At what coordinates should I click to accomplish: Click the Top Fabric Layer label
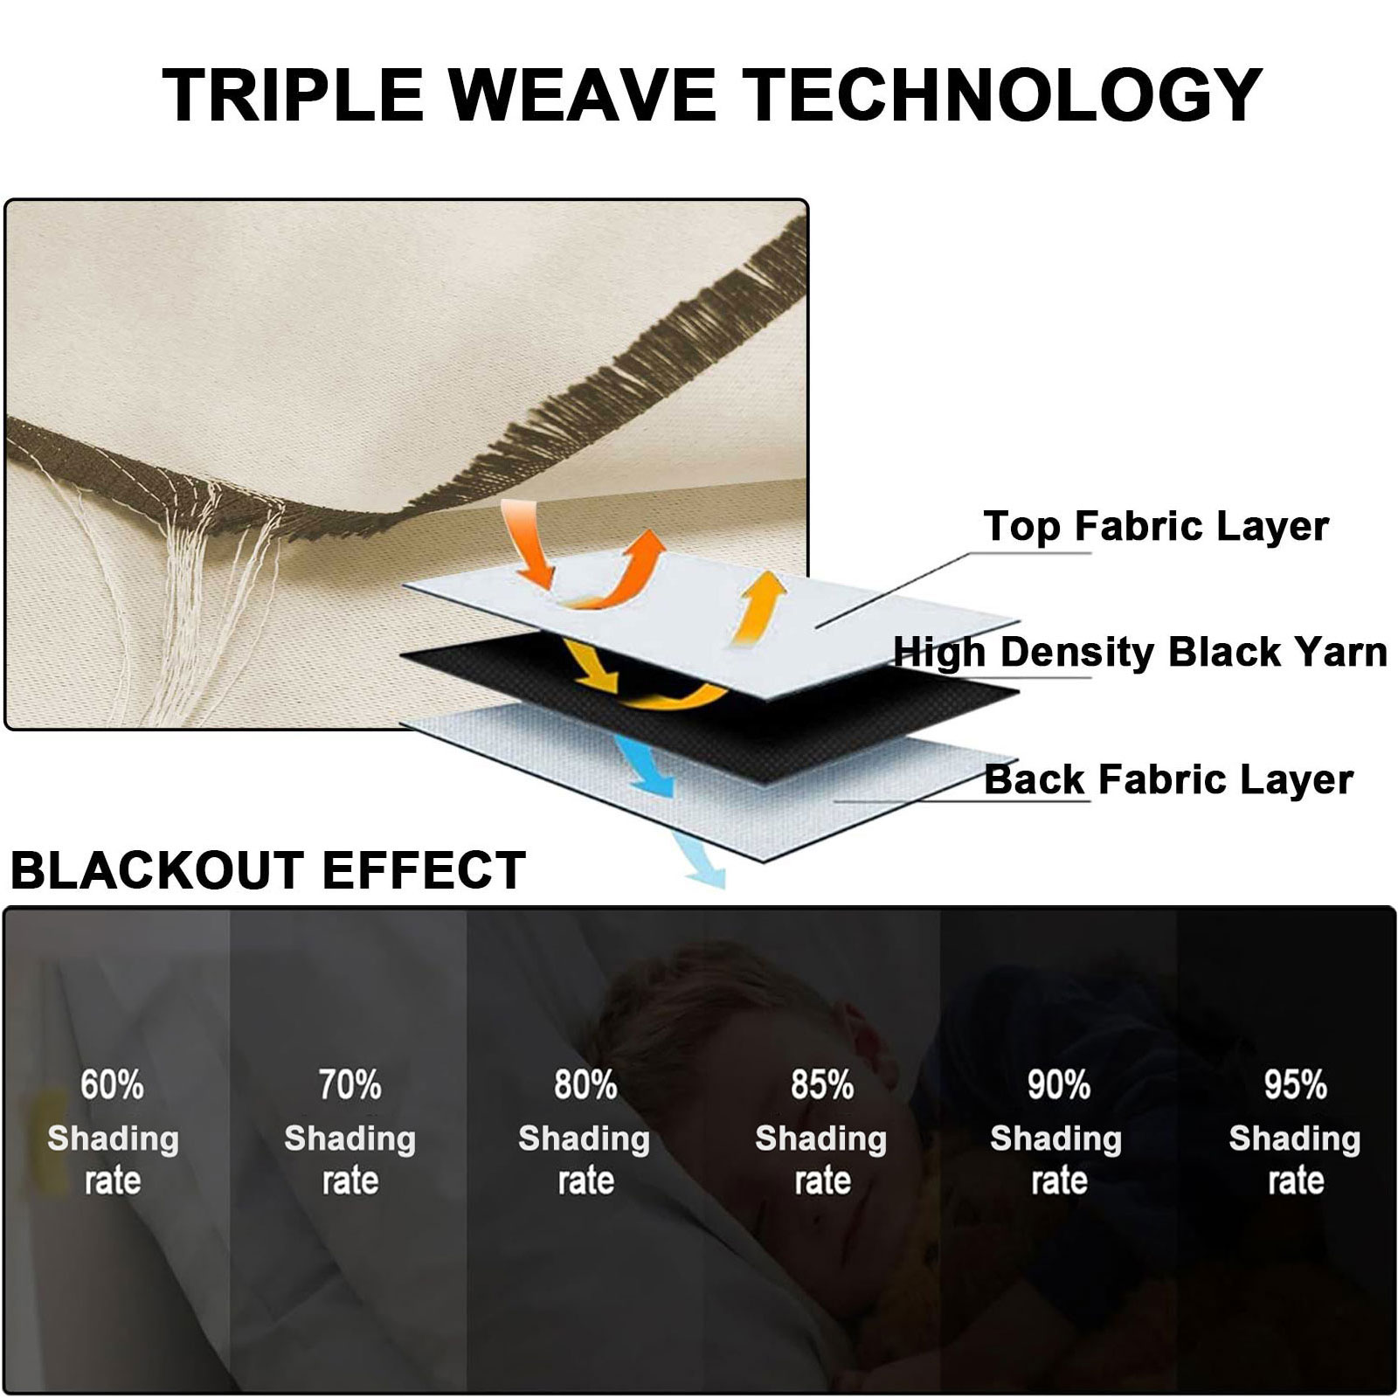pyautogui.click(x=1156, y=526)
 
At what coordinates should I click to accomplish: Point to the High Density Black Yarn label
pyautogui.click(x=1140, y=652)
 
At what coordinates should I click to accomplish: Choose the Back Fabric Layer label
pyautogui.click(x=1168, y=779)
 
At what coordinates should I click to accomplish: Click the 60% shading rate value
pyautogui.click(x=113, y=1085)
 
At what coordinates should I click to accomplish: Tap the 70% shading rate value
pyautogui.click(x=349, y=1085)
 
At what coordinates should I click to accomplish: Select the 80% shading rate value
pyautogui.click(x=585, y=1085)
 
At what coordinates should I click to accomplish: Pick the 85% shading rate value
pyautogui.click(x=822, y=1085)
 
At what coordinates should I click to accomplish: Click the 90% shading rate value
pyautogui.click(x=1058, y=1085)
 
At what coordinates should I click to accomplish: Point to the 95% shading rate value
pyautogui.click(x=1295, y=1085)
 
